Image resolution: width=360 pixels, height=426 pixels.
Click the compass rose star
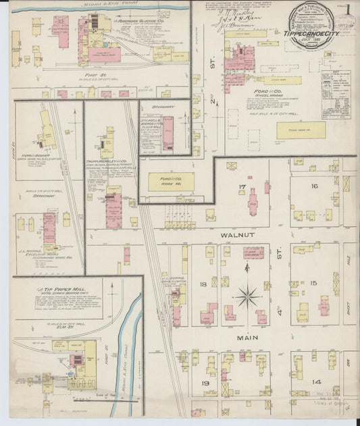[x=249, y=295]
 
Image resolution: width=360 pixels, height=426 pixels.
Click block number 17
[x=241, y=186]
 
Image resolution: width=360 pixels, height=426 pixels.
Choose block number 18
[x=203, y=285]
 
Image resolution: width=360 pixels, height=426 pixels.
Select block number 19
[x=205, y=383]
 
